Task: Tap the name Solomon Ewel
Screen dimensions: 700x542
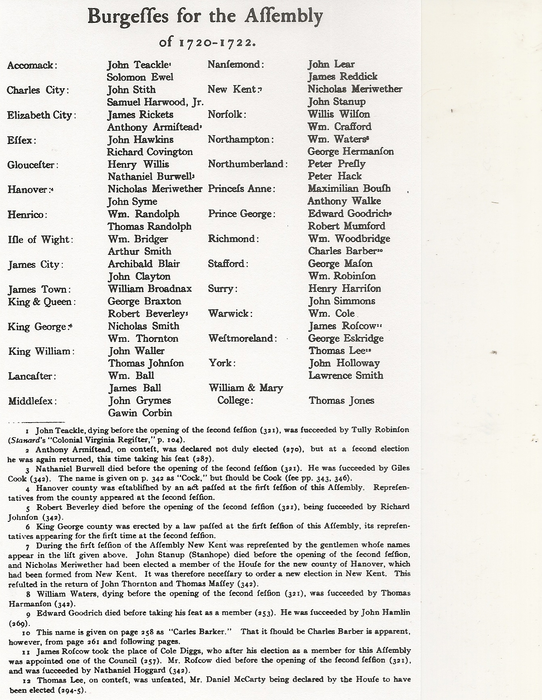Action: click(x=140, y=77)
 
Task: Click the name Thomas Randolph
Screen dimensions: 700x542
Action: click(x=149, y=226)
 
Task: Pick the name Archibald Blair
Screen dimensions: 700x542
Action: click(x=144, y=264)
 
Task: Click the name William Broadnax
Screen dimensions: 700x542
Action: click(x=150, y=289)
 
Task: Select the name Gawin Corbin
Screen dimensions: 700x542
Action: click(x=140, y=413)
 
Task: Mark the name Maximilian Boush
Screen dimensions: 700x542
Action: click(x=349, y=188)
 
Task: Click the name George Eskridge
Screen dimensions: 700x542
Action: click(x=346, y=338)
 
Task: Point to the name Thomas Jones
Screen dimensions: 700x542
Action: click(x=341, y=400)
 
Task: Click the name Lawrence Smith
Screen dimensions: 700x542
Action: click(x=346, y=375)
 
